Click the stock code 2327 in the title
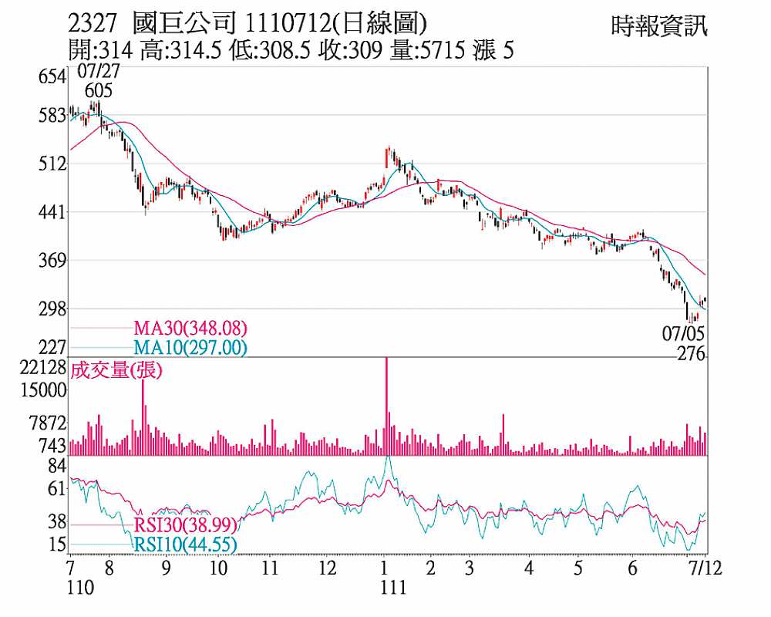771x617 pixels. (93, 23)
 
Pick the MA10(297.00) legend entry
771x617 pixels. (190, 348)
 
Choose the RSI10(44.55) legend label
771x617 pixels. (185, 545)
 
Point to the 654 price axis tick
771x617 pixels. (54, 76)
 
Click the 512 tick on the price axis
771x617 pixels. (54, 164)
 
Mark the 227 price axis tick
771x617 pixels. (54, 348)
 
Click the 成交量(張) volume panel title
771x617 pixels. (116, 370)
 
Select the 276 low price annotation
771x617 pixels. (691, 353)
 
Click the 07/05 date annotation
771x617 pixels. (683, 334)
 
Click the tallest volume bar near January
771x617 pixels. (386, 401)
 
